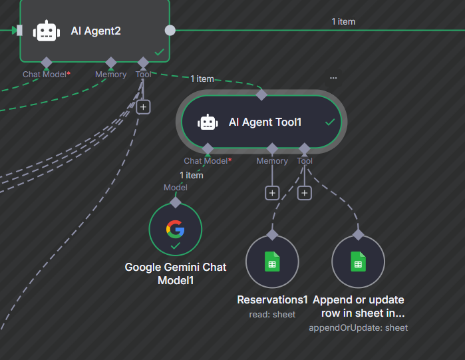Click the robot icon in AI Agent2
pos(47,31)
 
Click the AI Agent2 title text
pos(96,31)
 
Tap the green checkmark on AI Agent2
pos(159,51)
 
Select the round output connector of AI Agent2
pos(170,30)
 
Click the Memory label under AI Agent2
pos(110,75)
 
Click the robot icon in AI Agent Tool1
pos(208,122)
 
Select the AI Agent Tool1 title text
pos(265,122)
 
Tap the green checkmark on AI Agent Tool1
pos(329,122)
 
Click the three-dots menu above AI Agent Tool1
pos(333,79)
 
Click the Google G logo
pos(176,229)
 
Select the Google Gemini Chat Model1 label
pos(176,273)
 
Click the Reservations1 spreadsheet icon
pos(271,262)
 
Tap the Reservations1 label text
pos(273,300)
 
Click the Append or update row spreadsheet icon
pos(358,262)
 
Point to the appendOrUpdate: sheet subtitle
pos(358,327)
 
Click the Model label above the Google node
pos(176,188)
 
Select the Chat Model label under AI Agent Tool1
pos(206,161)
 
